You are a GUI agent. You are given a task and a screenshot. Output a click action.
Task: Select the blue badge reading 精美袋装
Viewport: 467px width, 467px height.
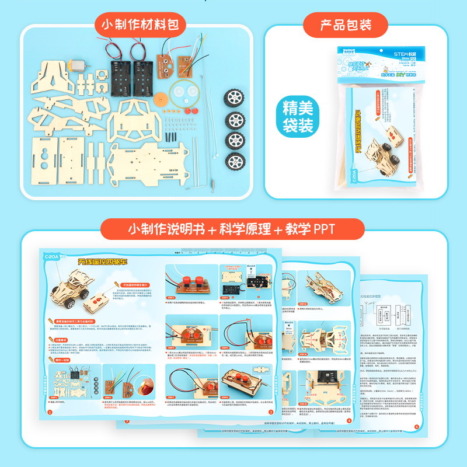point(298,117)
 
